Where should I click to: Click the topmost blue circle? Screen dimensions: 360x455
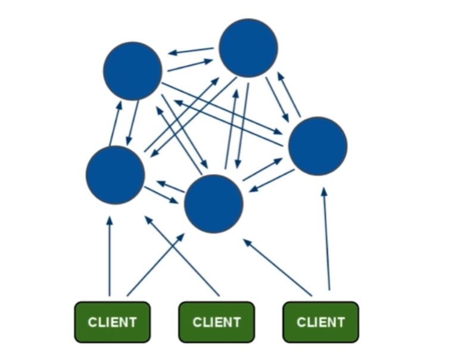(248, 48)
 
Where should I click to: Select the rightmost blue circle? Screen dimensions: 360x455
(317, 146)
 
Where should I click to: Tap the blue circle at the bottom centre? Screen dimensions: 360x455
(214, 204)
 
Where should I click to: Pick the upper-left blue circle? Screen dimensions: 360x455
(132, 71)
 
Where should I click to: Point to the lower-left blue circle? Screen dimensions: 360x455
(115, 175)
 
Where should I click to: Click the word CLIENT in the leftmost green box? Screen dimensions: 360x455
(112, 322)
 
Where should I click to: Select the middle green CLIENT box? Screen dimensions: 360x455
(216, 322)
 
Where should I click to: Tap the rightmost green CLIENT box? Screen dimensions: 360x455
(320, 322)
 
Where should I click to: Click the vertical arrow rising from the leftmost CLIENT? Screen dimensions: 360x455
(110, 256)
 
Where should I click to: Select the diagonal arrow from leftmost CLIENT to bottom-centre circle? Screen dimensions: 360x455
(156, 265)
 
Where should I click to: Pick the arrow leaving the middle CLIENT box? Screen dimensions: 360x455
(182, 256)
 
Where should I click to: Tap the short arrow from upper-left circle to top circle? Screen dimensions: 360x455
(190, 65)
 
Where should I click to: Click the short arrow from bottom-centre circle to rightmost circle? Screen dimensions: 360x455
(263, 169)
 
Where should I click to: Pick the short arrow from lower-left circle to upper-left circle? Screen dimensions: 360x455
(115, 123)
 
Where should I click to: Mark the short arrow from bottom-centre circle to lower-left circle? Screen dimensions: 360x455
(170, 187)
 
